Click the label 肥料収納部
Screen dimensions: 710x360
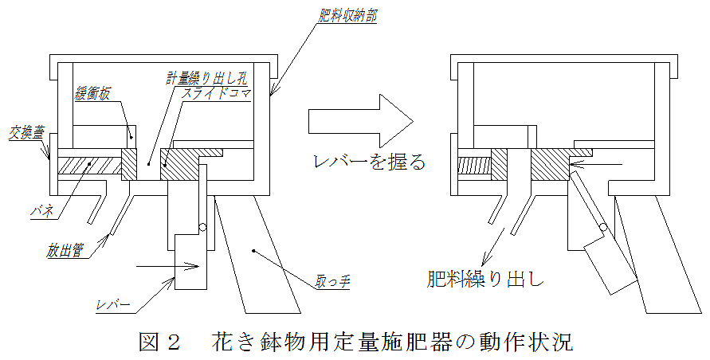coord(347,16)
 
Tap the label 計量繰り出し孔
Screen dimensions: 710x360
coord(208,77)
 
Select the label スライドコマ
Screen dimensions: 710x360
coord(214,94)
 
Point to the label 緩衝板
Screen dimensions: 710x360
coord(92,94)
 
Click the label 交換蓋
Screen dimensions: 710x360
coord(25,132)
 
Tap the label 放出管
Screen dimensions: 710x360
coord(64,250)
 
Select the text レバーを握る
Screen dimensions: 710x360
coord(370,162)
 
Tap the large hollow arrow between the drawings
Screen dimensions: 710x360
coord(360,121)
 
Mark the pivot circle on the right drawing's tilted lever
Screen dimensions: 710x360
coord(603,227)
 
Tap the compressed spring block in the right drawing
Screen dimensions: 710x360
coord(475,166)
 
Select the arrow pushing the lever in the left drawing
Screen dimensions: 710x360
coord(168,266)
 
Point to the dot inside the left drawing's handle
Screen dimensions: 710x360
coord(254,250)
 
